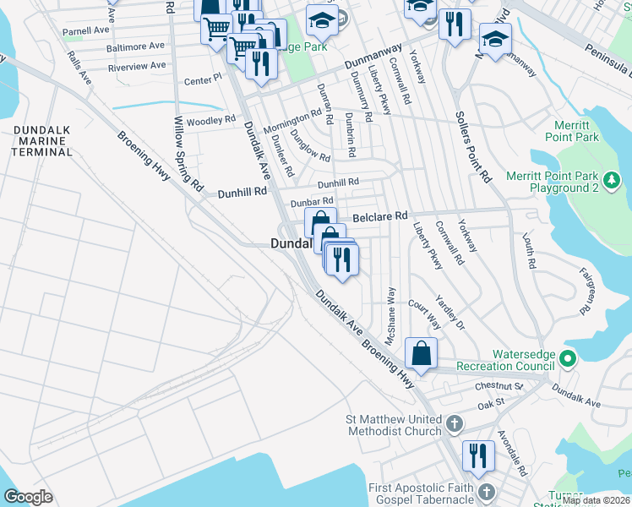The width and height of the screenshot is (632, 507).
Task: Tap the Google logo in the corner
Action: point(28,497)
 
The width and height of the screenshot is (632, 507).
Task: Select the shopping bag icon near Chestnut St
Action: point(421,353)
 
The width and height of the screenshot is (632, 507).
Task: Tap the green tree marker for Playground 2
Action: point(611,181)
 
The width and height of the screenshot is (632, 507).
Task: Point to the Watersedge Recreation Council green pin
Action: point(567,359)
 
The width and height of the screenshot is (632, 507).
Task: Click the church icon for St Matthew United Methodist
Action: point(454,422)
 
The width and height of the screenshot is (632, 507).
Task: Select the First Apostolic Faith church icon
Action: point(485,491)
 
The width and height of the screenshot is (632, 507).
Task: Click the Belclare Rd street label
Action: point(380,216)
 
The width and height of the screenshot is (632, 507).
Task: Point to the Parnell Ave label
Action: point(85,30)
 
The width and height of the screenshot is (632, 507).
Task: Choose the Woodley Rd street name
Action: point(212,121)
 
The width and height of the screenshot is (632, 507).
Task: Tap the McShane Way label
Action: point(391,314)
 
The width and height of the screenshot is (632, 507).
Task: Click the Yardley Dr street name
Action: point(449,313)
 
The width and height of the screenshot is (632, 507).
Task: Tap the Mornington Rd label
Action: point(292,121)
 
